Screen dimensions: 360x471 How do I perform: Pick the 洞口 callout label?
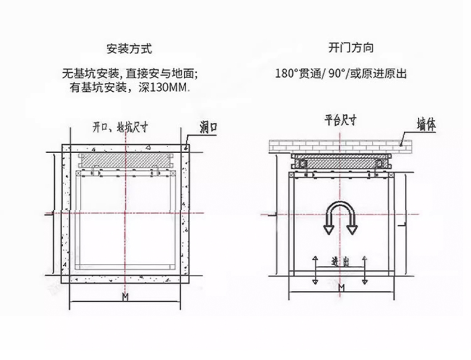209,127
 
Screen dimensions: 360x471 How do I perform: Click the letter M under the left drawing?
125,297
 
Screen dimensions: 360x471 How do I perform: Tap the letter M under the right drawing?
341,288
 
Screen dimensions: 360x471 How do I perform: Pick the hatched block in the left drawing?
125,161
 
